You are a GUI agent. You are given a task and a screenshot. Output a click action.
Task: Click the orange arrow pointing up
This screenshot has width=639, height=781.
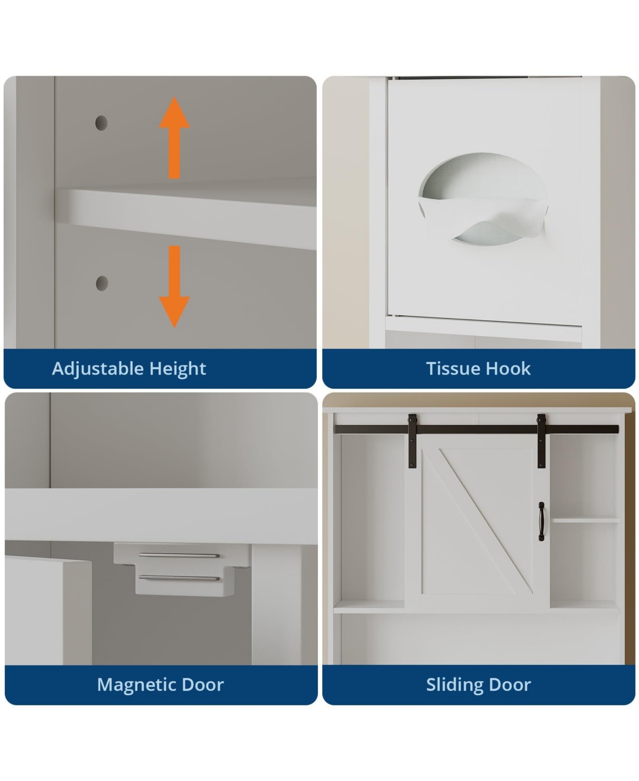[174, 138]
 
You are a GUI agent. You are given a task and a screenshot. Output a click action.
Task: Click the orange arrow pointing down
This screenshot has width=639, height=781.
[174, 286]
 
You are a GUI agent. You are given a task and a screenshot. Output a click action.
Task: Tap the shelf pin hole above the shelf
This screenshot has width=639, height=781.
[101, 123]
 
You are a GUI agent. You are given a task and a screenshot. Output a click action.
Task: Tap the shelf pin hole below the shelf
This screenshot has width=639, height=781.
[102, 283]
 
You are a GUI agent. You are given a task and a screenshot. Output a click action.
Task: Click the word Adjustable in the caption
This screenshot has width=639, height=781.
[98, 369]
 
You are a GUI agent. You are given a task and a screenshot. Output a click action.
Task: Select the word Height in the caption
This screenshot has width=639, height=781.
[178, 369]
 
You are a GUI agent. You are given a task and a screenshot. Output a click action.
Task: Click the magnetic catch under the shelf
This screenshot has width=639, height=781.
[182, 569]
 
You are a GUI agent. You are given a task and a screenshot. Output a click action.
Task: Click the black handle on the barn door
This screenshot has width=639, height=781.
[541, 522]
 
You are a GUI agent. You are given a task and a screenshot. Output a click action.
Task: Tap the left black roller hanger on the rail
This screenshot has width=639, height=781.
[412, 441]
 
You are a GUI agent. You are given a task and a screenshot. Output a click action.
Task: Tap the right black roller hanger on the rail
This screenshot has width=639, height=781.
[541, 441]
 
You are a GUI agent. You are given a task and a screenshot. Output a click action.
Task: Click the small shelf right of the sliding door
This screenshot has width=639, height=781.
[585, 520]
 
